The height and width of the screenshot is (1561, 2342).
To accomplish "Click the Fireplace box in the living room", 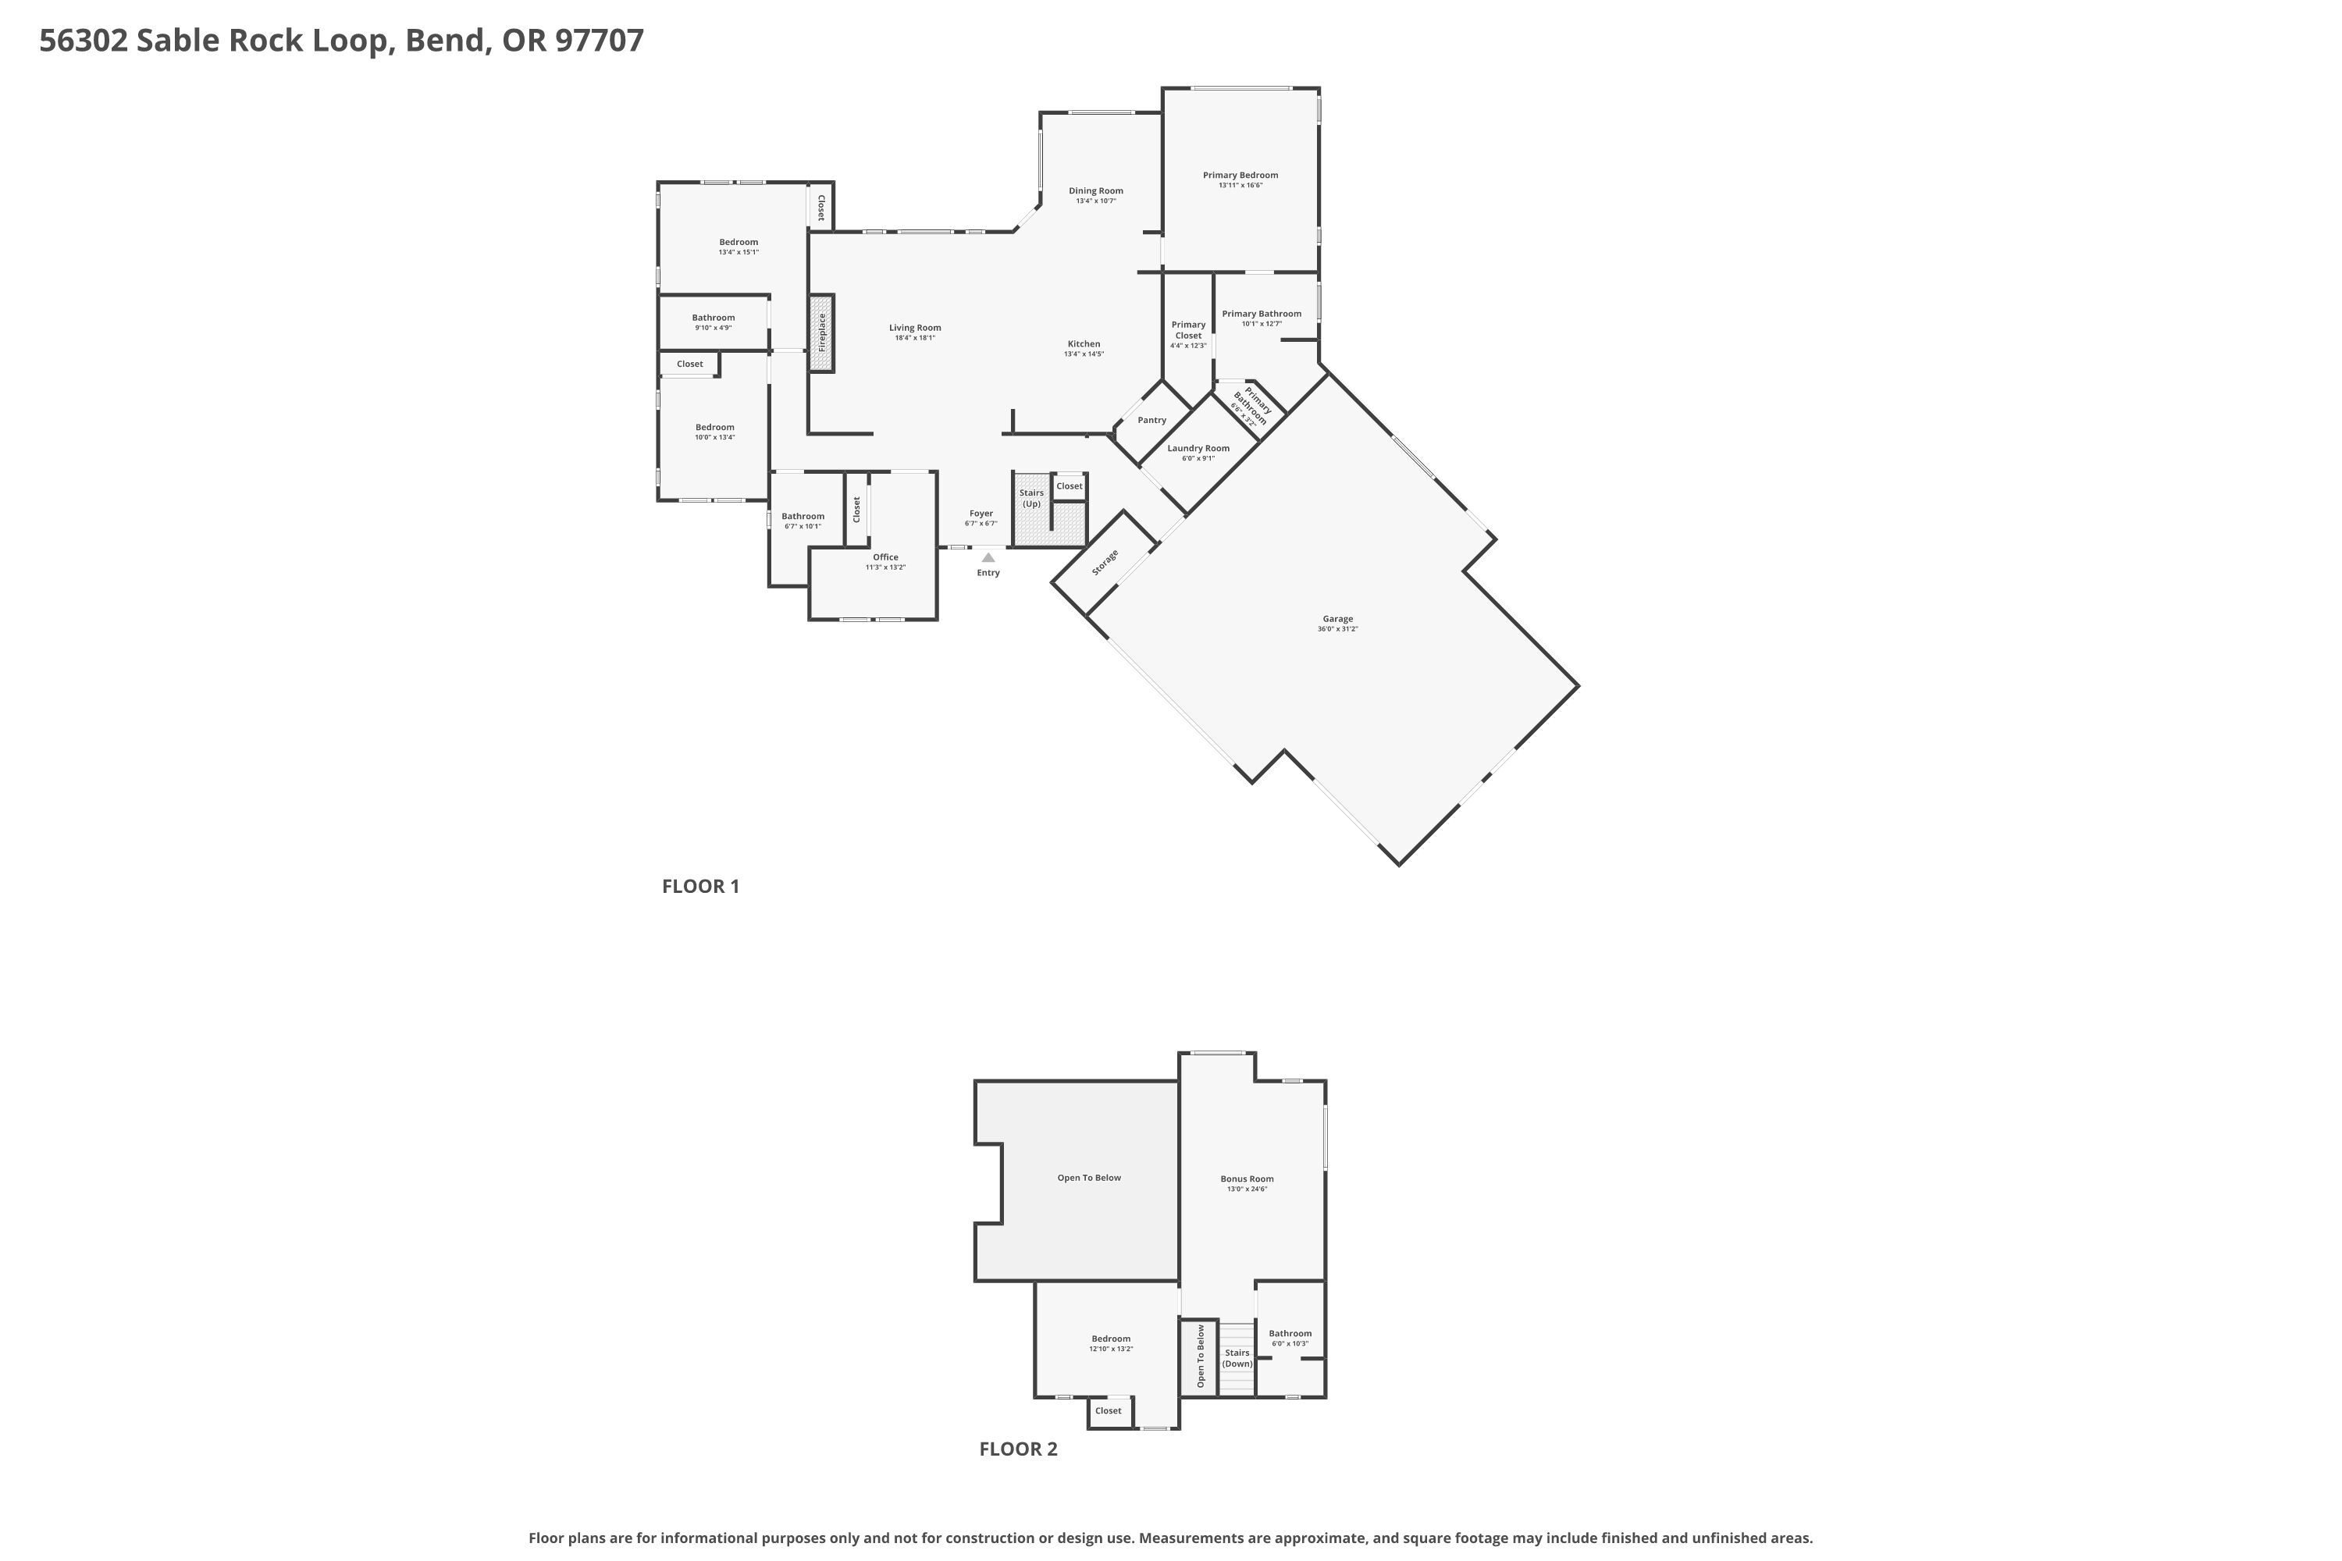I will pos(820,333).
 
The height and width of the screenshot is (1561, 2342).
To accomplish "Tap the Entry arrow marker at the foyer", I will pos(988,557).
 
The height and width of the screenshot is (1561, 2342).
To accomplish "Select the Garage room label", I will pos(1337,619).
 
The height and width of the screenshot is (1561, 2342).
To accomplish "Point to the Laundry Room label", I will pos(1198,448).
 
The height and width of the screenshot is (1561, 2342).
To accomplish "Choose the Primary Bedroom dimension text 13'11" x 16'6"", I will pos(1240,185).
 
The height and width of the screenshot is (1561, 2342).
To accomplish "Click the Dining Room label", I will pos(1095,190).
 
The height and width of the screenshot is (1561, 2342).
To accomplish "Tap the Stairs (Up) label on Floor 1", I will pos(1031,498).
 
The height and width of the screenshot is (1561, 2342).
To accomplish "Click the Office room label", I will pos(885,557).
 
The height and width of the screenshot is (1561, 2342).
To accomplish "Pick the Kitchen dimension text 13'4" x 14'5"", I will pos(1084,354).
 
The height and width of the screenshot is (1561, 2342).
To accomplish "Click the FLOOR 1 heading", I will pos(700,886).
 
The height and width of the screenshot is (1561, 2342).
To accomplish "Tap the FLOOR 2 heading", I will pos(1018,1449).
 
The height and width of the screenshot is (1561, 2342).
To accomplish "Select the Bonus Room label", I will pos(1247,1179).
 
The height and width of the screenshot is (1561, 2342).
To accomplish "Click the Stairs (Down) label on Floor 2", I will pos(1237,1358).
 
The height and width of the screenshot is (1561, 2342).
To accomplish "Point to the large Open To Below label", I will pos(1088,1178).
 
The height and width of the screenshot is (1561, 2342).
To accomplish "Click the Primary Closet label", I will pos(1188,329).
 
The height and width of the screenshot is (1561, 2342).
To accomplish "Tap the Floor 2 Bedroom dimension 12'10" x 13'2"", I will pos(1111,1349).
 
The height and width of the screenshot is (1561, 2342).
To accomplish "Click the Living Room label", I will pos(914,328).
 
